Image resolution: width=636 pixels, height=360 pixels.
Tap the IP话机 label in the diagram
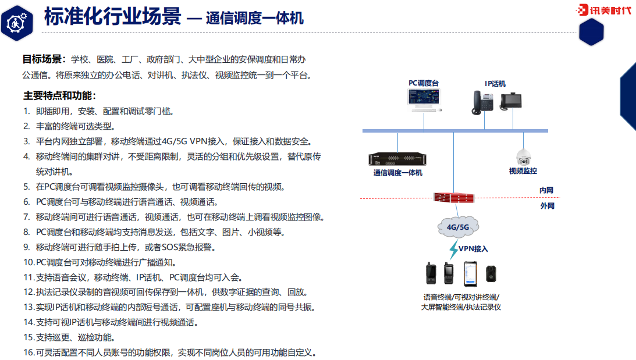click(x=495, y=83)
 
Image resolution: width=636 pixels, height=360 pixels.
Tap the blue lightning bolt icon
click(x=453, y=249)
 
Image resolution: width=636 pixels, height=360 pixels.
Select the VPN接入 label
click(x=473, y=248)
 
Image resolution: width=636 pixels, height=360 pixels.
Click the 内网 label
click(x=546, y=190)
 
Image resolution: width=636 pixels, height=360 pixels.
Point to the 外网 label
click(x=547, y=206)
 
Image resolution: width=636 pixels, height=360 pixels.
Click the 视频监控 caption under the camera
click(x=523, y=171)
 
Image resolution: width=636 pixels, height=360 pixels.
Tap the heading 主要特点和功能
click(x=60, y=95)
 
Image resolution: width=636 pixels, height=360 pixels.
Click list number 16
click(x=29, y=352)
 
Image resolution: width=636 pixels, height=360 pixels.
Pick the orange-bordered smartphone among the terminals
click(x=470, y=273)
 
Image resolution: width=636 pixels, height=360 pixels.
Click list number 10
click(x=29, y=262)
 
